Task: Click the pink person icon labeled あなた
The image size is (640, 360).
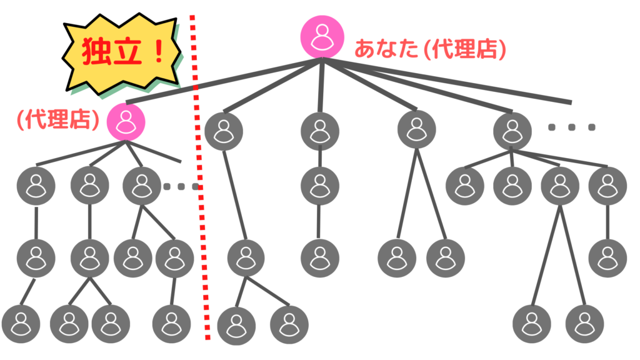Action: [x=322, y=36]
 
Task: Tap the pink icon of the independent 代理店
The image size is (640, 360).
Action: [x=126, y=121]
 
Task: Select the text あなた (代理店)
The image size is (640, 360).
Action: [x=430, y=49]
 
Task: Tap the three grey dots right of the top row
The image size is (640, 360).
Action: [x=572, y=127]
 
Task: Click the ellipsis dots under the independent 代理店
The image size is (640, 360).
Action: [x=180, y=186]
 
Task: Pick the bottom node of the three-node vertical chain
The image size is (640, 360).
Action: [x=319, y=257]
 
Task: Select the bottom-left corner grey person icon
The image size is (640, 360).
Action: [x=21, y=324]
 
